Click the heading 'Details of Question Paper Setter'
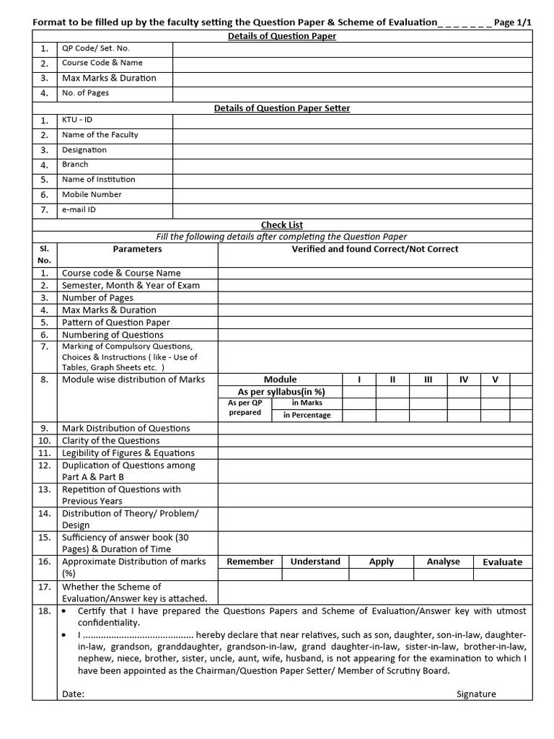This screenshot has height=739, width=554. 282,108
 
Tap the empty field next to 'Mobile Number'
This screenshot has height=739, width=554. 352,195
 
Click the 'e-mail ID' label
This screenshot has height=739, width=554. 79,210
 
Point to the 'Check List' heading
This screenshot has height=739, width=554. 282,225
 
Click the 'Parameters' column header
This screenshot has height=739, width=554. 137,249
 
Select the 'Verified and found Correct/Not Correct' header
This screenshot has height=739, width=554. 374,249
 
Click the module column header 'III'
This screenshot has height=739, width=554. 428,380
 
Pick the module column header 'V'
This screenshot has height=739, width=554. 495,380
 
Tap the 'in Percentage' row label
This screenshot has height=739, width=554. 307,415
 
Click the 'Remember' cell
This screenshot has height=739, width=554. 250,561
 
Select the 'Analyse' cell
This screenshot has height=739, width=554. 443,561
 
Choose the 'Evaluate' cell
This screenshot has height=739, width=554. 502,562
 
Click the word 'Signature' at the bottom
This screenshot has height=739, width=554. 476,694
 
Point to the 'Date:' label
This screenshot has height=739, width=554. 73,694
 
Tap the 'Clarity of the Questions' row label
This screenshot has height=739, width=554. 110,440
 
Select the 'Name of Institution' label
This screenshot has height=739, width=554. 98,180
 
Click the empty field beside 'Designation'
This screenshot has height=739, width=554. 352,150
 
